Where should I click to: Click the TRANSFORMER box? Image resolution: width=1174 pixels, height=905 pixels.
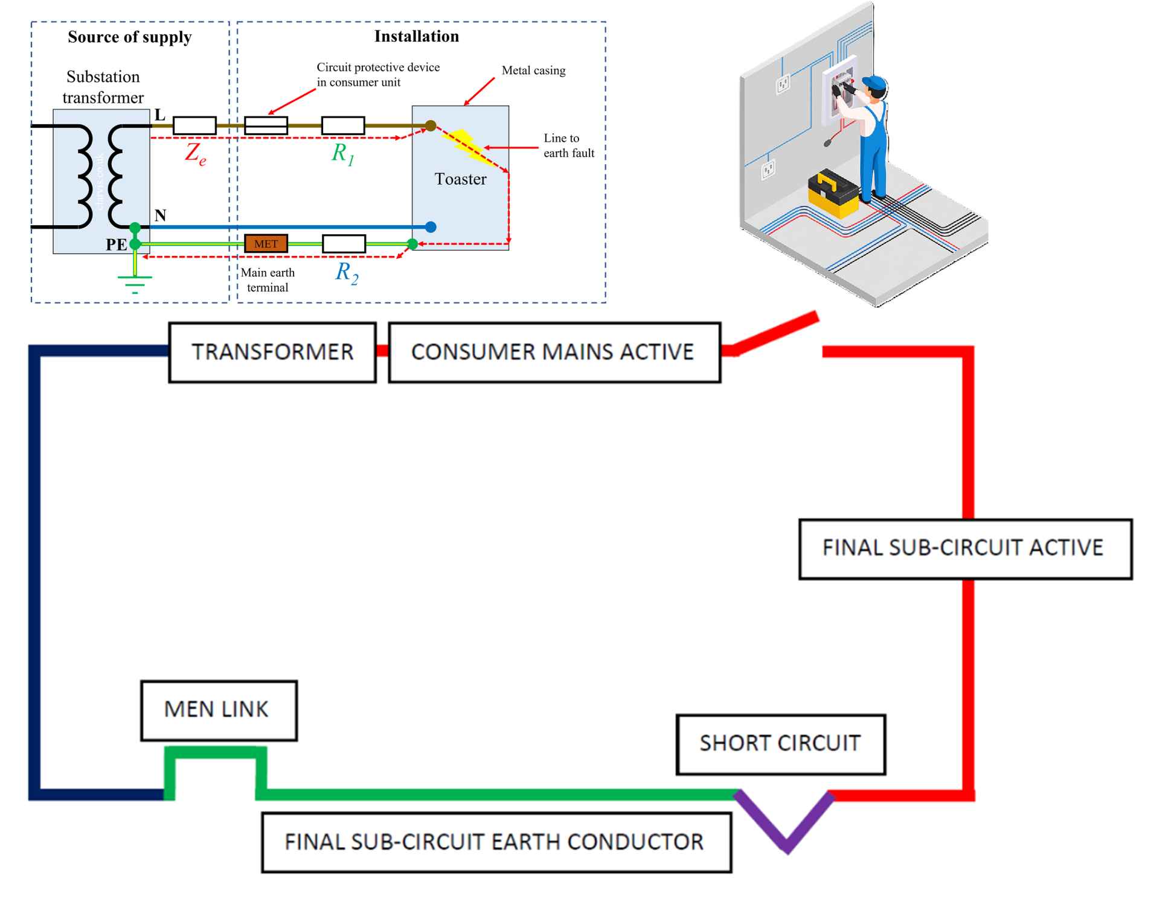(x=272, y=352)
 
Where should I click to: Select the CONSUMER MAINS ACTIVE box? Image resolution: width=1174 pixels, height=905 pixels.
(x=554, y=352)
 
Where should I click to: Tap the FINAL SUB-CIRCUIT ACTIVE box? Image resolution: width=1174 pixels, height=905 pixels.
(x=965, y=548)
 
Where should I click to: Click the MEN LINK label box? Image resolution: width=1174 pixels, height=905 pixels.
(x=219, y=710)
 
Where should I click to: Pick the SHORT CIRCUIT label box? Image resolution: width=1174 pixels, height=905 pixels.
(x=780, y=744)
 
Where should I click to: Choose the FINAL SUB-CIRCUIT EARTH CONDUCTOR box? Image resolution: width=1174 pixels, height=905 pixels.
(x=496, y=842)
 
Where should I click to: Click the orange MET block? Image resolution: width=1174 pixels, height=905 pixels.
(x=266, y=244)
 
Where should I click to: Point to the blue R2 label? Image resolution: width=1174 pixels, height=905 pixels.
(x=347, y=273)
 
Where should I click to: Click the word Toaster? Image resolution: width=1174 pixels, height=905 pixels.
(x=460, y=179)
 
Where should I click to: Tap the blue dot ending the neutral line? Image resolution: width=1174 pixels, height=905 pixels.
(x=431, y=227)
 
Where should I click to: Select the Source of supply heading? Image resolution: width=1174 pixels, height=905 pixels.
(x=129, y=37)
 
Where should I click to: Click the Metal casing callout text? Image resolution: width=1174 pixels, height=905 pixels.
(x=533, y=71)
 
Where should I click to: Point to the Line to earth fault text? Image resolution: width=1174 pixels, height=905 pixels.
(x=569, y=145)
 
